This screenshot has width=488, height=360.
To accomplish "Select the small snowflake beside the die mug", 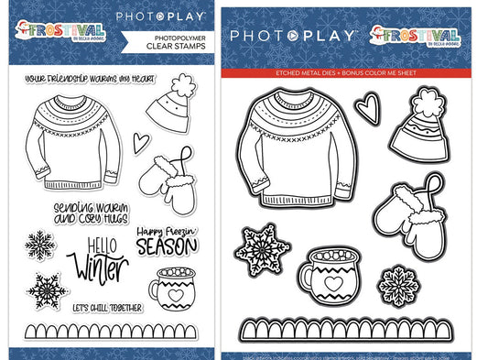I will coord(397,278).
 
